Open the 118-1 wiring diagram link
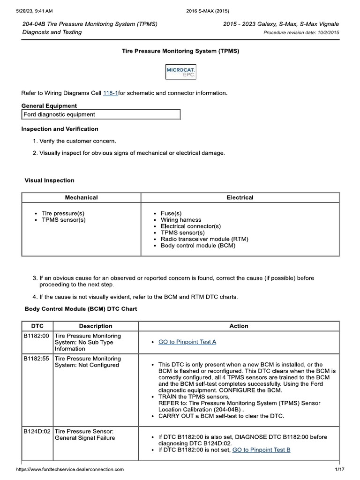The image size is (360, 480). tap(110, 93)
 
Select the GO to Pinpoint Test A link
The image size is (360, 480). tap(187, 342)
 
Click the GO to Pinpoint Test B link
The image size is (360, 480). tap(261, 450)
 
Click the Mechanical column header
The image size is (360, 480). tap(81, 197)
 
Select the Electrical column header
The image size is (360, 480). tap(240, 197)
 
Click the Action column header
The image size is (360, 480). tap(239, 326)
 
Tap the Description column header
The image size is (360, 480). tap(96, 326)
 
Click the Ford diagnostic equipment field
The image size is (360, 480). tap(101, 114)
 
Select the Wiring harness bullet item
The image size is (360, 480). tap(181, 219)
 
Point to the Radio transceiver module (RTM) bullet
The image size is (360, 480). tap(204, 239)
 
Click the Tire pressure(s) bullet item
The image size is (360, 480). tap(63, 213)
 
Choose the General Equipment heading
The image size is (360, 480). tap(49, 105)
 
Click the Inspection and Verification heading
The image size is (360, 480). tap(60, 128)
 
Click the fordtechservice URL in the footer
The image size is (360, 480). tap(70, 469)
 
